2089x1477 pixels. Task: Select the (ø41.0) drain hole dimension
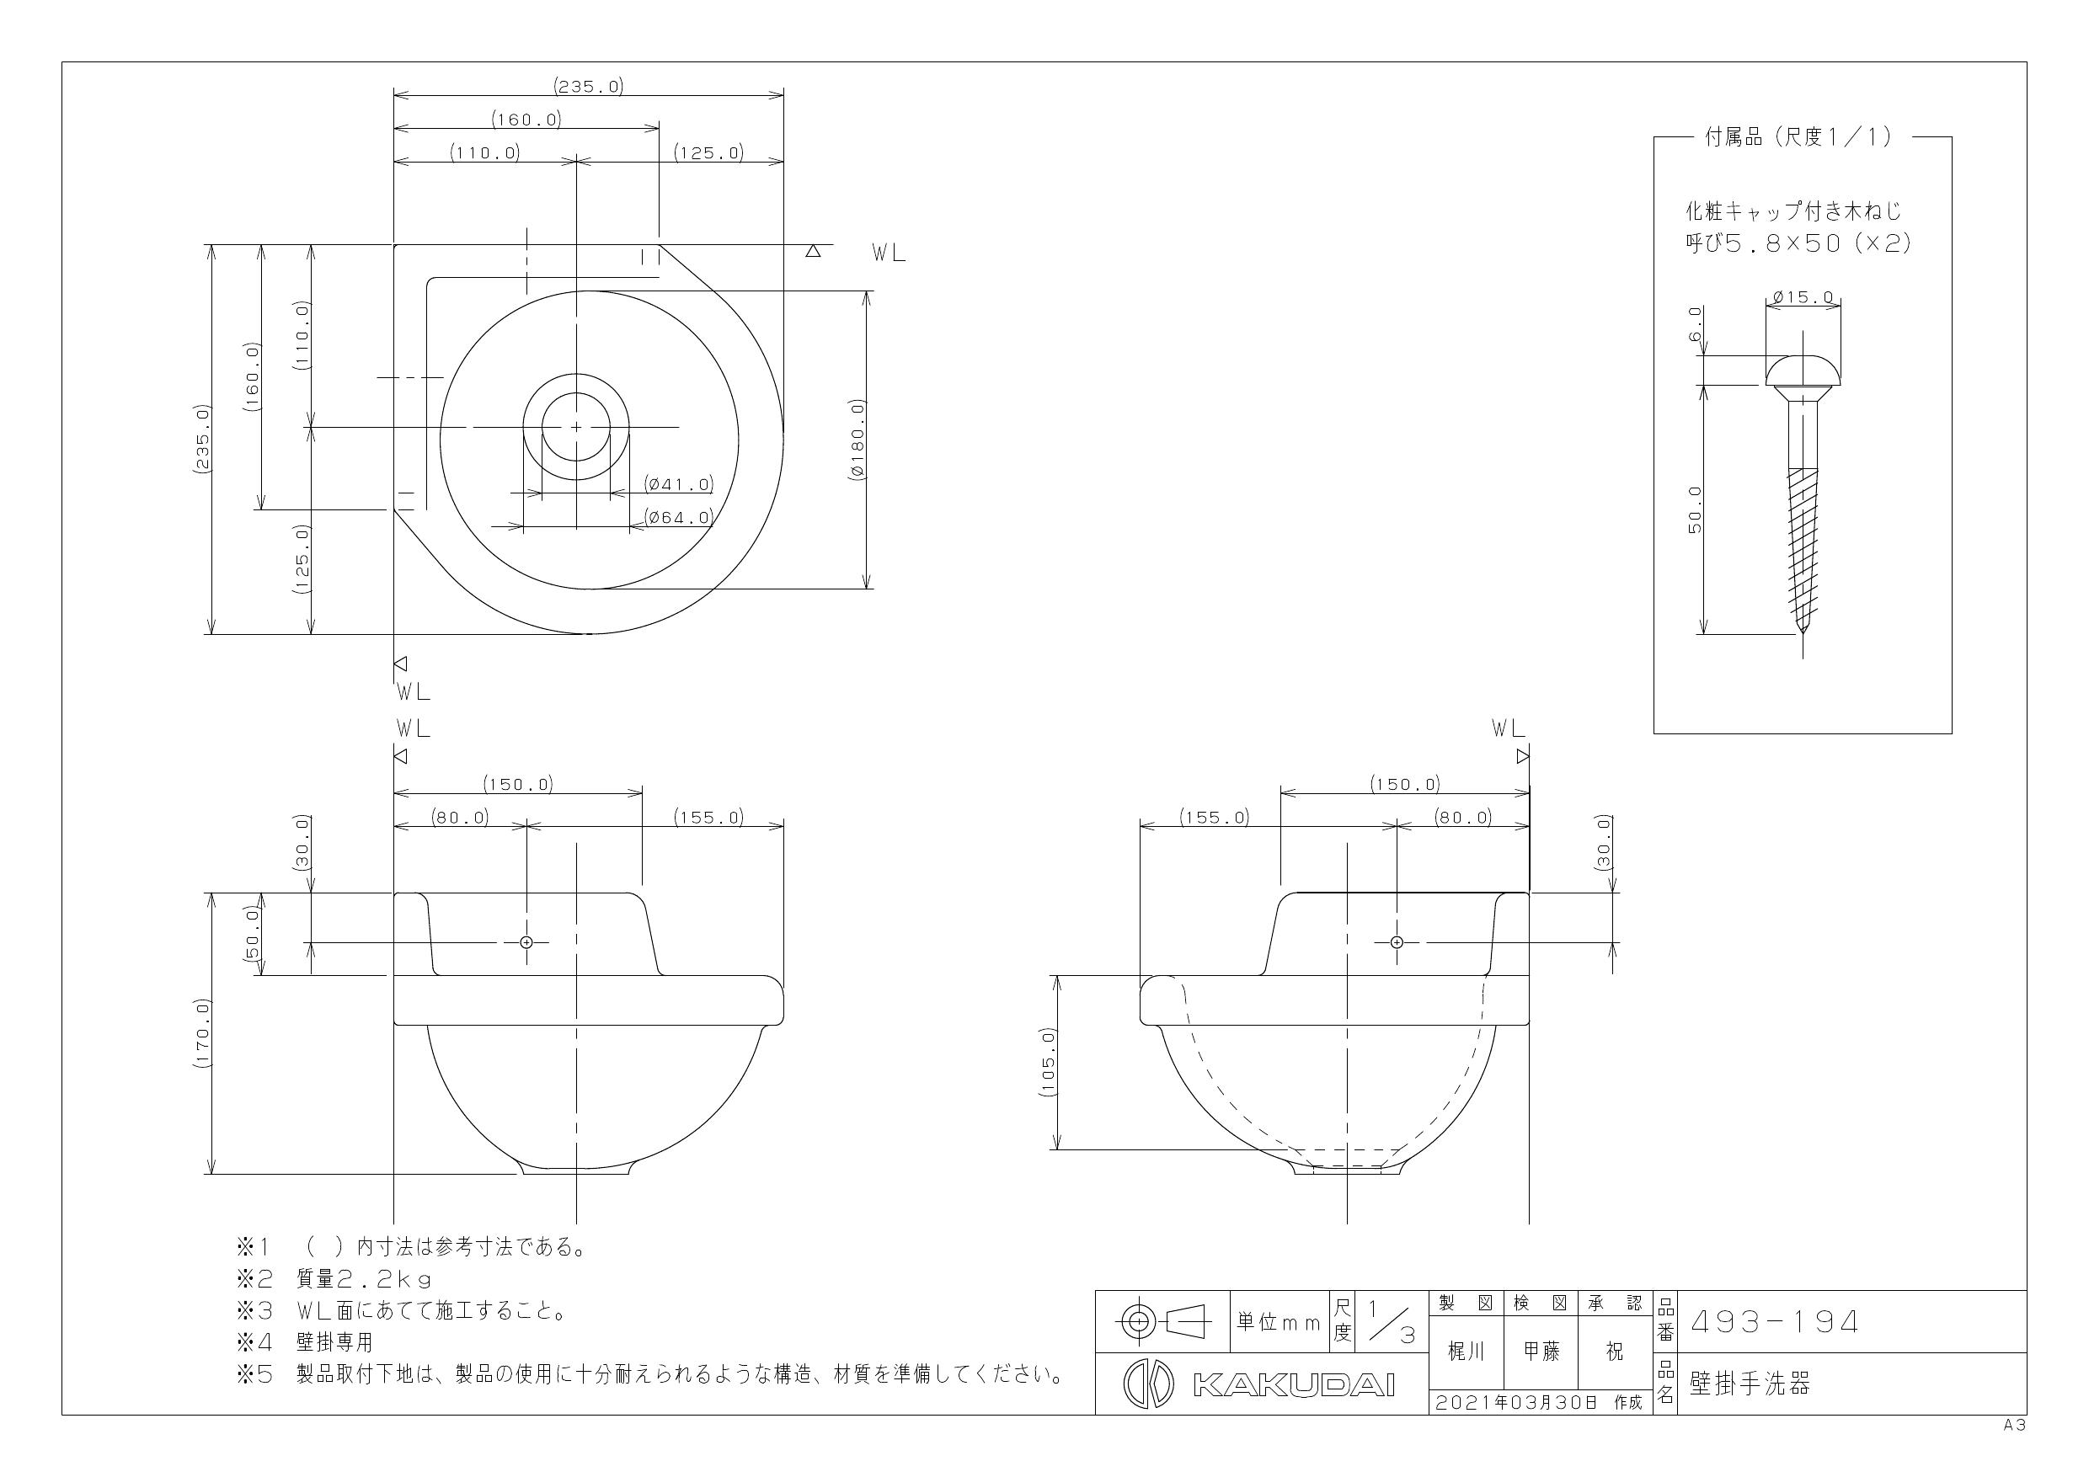[x=678, y=484]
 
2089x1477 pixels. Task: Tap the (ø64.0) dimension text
[x=678, y=518]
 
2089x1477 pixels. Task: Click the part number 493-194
[x=1773, y=1321]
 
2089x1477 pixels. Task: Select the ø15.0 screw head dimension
[x=1803, y=297]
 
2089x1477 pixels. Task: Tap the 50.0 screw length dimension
[x=1695, y=509]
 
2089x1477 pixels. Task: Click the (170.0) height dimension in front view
[x=202, y=1033]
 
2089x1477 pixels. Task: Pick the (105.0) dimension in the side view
[x=1046, y=1062]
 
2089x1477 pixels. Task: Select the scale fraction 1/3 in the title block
[x=1392, y=1322]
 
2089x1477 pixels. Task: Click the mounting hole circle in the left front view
[x=526, y=942]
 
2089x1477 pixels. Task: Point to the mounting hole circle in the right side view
[x=1397, y=942]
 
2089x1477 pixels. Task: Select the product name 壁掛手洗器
[x=1749, y=1384]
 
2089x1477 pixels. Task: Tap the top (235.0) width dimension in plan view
[x=588, y=87]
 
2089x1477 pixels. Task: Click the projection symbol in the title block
[x=1162, y=1320]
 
